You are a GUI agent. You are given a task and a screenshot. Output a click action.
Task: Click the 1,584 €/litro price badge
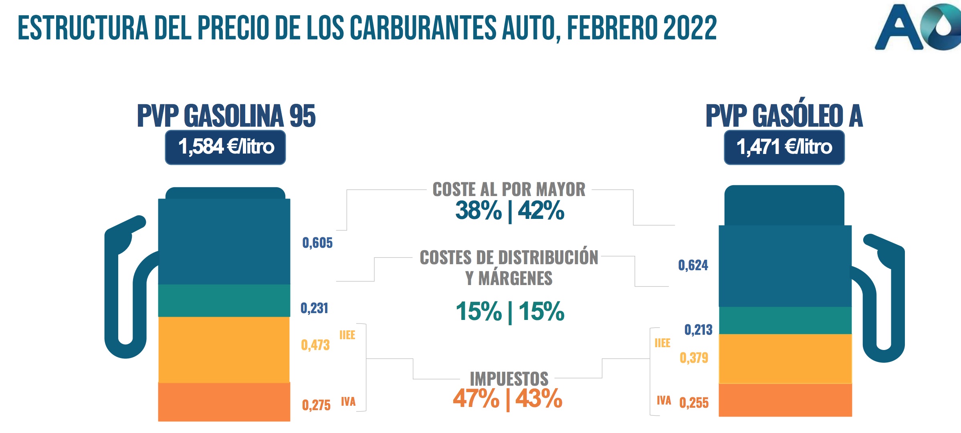(x=225, y=147)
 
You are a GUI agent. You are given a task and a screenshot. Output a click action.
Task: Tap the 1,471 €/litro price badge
(x=784, y=147)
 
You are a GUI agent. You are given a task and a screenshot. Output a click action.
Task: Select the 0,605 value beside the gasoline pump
(x=317, y=243)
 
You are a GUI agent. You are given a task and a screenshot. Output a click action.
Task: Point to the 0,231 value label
(x=315, y=308)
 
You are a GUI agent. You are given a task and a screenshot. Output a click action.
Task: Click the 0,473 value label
(x=315, y=345)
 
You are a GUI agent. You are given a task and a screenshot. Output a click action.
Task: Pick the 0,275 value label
(x=316, y=405)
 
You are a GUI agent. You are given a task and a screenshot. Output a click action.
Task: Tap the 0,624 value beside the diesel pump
(x=693, y=265)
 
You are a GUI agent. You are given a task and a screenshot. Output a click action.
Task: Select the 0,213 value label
(x=698, y=330)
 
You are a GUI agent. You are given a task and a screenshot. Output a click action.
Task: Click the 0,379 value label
(x=694, y=358)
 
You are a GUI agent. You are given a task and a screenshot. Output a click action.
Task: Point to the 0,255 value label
(x=694, y=403)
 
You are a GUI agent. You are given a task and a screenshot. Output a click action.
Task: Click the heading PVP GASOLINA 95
(x=226, y=116)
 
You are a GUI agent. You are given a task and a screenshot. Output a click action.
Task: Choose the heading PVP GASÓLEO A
(x=784, y=116)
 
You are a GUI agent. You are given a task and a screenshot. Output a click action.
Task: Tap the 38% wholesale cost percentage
(x=478, y=211)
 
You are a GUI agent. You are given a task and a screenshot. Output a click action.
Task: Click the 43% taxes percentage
(x=539, y=399)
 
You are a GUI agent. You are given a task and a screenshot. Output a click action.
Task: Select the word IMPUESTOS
(x=509, y=379)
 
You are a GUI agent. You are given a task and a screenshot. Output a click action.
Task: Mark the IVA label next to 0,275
(x=348, y=402)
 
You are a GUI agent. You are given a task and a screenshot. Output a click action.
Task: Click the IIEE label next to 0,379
(x=662, y=343)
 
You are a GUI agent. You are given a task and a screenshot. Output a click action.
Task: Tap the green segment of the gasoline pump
(x=224, y=301)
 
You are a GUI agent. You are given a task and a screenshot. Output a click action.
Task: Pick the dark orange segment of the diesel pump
(x=785, y=400)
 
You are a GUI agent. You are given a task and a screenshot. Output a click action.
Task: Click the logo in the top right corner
(x=918, y=27)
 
